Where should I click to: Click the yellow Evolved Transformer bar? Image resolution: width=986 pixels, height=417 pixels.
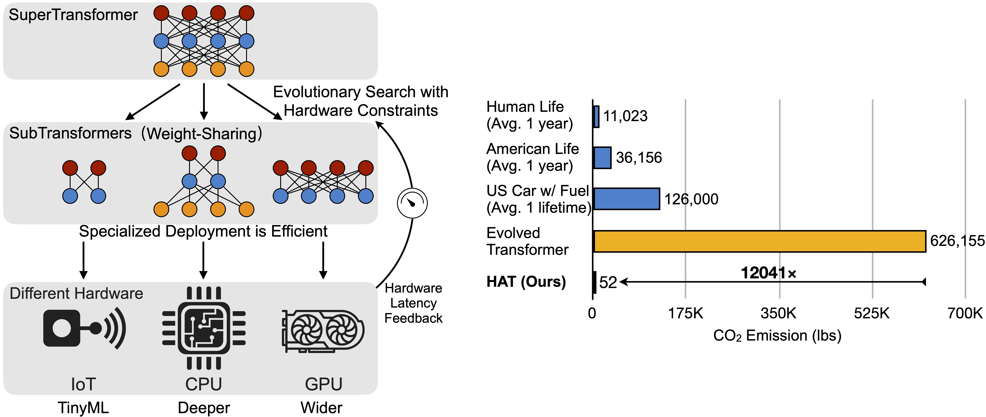point(759,241)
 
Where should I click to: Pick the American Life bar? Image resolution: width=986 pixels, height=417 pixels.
point(602,158)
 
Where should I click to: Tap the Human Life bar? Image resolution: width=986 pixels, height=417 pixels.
point(596,117)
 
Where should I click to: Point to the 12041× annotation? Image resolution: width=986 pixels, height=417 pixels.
point(769,273)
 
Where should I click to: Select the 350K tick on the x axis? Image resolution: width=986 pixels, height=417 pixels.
point(779,313)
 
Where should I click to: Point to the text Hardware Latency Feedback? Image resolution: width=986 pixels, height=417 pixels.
point(413,303)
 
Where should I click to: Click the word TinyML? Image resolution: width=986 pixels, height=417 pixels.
point(83,408)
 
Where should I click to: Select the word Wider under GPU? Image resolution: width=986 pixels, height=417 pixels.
point(321,408)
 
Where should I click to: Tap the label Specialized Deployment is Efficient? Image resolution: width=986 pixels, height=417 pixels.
point(203,231)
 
